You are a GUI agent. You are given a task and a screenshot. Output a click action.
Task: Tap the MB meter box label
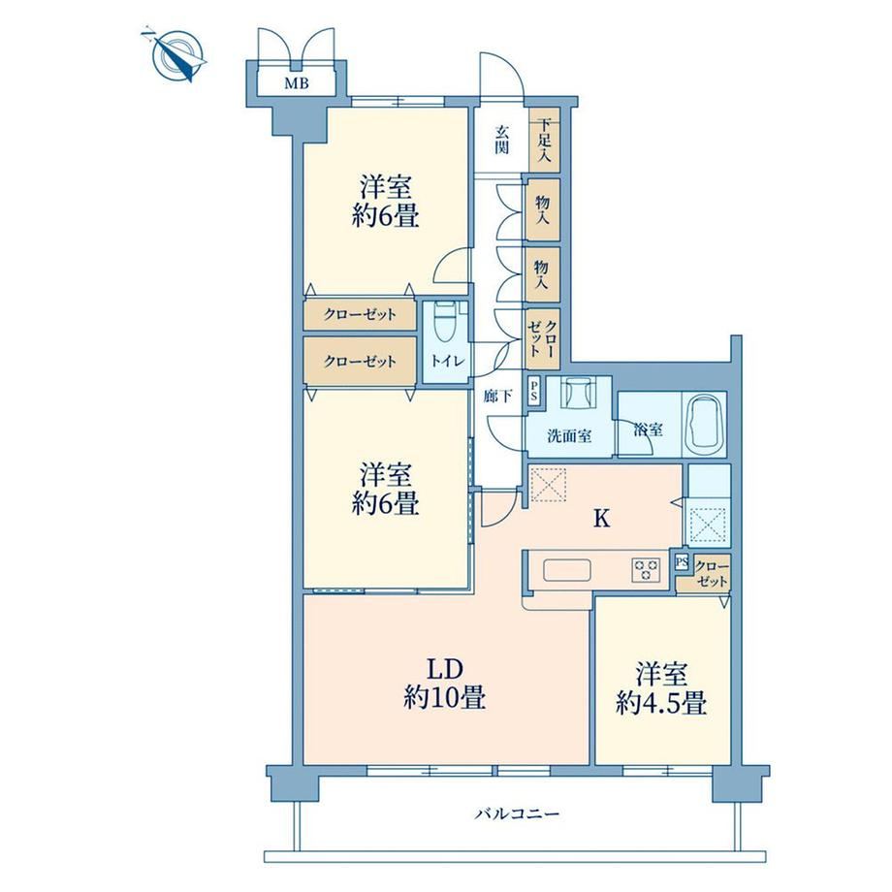click(x=297, y=83)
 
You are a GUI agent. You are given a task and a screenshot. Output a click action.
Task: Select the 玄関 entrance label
click(x=501, y=140)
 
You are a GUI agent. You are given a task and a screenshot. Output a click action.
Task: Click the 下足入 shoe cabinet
click(x=545, y=140)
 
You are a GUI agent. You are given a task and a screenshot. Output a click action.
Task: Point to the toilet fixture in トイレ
click(x=444, y=323)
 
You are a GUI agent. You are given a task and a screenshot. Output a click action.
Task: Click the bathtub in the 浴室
click(x=704, y=424)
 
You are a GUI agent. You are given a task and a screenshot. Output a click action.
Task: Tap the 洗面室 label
click(x=569, y=436)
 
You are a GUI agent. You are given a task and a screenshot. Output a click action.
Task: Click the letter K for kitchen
click(x=601, y=519)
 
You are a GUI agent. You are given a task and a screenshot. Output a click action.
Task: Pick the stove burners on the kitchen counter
click(x=646, y=569)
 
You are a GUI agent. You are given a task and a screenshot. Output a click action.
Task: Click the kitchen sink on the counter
click(x=567, y=569)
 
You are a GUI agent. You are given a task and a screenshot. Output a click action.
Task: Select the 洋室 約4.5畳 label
click(x=661, y=688)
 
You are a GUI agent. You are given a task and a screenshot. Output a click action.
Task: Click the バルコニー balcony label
click(x=517, y=814)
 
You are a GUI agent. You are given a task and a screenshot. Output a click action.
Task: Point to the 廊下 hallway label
click(x=497, y=396)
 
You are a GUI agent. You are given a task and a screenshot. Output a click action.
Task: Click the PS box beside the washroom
click(x=534, y=392)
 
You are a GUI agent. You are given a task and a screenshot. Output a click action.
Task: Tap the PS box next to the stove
click(x=682, y=562)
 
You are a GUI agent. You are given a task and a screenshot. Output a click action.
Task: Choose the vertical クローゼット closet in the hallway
click(x=543, y=338)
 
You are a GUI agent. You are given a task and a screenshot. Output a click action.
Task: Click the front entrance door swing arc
click(x=500, y=73)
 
